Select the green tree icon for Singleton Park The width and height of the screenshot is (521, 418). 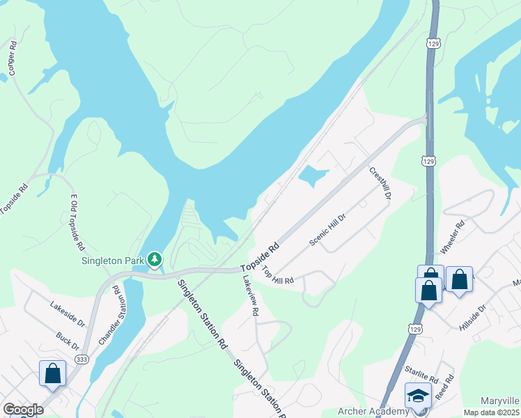click(x=154, y=260)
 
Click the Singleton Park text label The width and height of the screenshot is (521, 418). click(x=112, y=261)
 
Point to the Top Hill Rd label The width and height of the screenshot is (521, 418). click(x=278, y=275)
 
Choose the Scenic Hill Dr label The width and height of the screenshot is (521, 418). click(x=327, y=229)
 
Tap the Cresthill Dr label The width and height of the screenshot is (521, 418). click(x=380, y=183)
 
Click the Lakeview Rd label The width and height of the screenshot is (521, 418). click(x=250, y=295)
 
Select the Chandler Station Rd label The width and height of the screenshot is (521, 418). click(x=112, y=319)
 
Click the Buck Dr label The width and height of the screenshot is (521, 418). click(x=68, y=341)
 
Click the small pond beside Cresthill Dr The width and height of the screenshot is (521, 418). click(x=313, y=176)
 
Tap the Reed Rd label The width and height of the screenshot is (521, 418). click(x=444, y=387)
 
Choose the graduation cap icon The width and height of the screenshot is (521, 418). click(x=417, y=396)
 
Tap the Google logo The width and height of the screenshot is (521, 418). click(x=23, y=410)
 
